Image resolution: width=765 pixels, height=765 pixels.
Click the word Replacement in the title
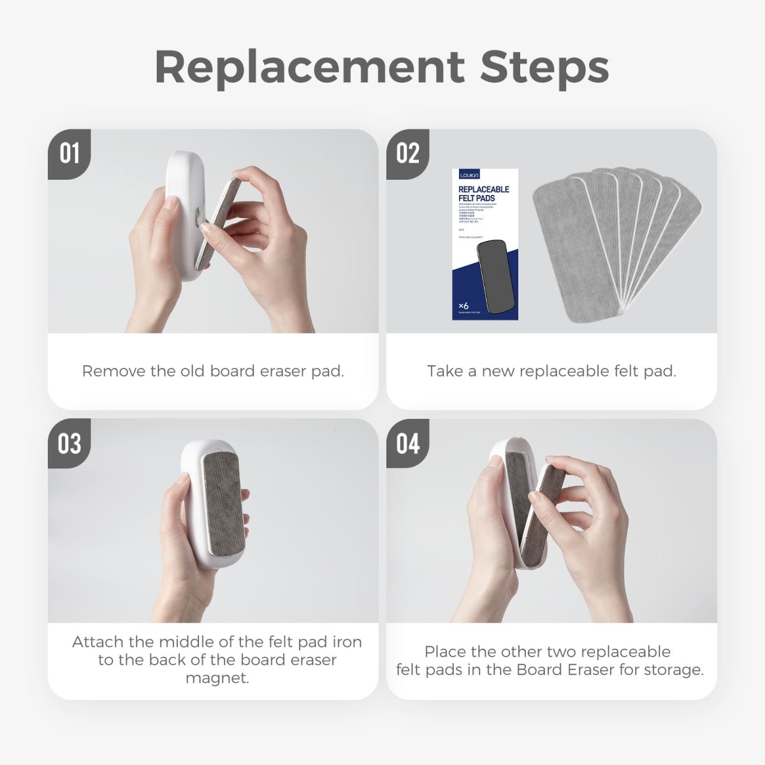pyautogui.click(x=310, y=67)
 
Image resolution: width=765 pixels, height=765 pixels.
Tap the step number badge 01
pyautogui.click(x=69, y=154)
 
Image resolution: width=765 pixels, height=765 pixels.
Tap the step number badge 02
pyautogui.click(x=407, y=154)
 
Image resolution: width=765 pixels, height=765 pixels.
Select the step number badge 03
pyautogui.click(x=69, y=443)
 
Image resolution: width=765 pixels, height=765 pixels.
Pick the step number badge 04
pyautogui.click(x=407, y=443)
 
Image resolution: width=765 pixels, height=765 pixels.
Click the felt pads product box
pyautogui.click(x=485, y=245)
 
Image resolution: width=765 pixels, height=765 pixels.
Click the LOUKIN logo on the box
pyautogui.click(x=469, y=175)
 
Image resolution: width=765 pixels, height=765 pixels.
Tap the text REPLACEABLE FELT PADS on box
pyautogui.click(x=484, y=194)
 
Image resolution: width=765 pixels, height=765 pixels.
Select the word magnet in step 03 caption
pyautogui.click(x=217, y=678)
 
